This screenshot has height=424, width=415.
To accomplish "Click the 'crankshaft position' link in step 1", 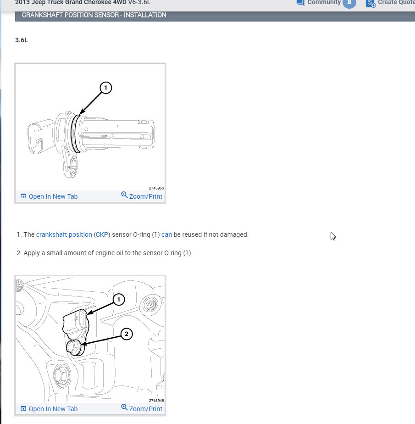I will coord(64,234).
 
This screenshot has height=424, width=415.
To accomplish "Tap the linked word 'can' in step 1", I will coord(166,234).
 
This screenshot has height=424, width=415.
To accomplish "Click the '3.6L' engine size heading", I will coord(22,40).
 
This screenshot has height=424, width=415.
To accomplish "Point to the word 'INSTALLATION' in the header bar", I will coord(145,15).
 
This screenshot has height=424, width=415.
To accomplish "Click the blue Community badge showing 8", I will coord(349,2).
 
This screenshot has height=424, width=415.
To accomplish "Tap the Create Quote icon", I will coord(371,3).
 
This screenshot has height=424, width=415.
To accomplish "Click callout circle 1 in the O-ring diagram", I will coord(105,87).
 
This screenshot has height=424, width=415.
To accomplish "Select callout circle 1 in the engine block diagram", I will coord(119,300).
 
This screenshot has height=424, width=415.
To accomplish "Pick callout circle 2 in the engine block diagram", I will coord(127,334).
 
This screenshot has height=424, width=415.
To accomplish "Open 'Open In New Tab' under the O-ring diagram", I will coord(49,196).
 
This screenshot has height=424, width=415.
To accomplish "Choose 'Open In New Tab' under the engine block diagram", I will coord(49,409).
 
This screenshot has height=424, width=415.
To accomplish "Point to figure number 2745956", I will coord(156,188).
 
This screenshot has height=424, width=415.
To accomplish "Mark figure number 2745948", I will coord(156,401).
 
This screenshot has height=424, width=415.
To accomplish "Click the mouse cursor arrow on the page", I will coord(333,236).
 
